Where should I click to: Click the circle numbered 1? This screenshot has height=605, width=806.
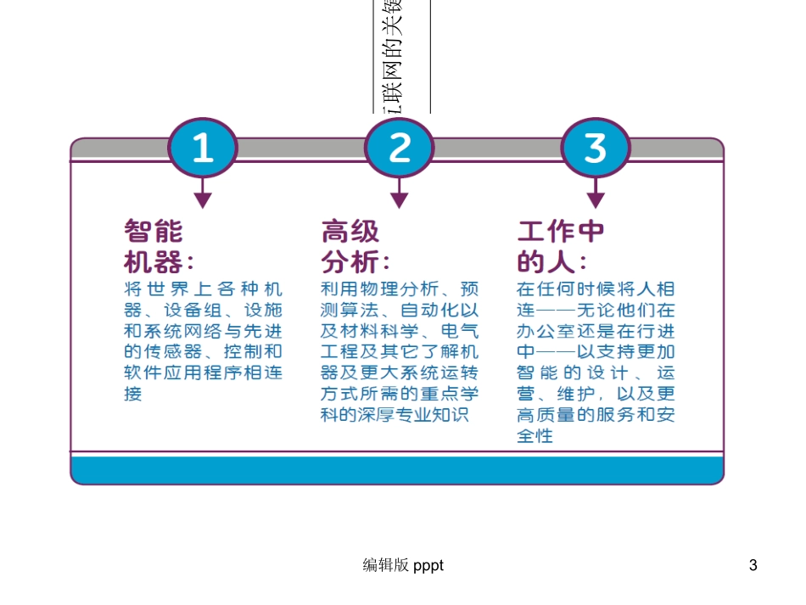coord(202,148)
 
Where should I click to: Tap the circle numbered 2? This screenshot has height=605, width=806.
coord(399,148)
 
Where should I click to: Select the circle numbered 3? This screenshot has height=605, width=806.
coord(596,148)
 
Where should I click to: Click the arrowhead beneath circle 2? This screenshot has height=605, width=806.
coord(399,199)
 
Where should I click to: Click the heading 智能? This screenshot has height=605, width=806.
coord(154,232)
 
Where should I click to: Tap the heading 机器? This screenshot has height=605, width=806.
coord(159,260)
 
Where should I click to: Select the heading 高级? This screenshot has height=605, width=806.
coord(350,232)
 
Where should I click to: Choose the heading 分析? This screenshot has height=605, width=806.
coord(355,260)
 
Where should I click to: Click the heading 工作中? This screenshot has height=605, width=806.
coord(561,232)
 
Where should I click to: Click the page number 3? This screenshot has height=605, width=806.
coord(753,565)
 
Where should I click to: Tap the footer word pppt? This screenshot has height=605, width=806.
coord(428,566)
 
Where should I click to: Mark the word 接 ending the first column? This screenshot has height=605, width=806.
coord(133,394)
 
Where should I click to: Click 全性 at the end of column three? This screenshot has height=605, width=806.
coord(535,436)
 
